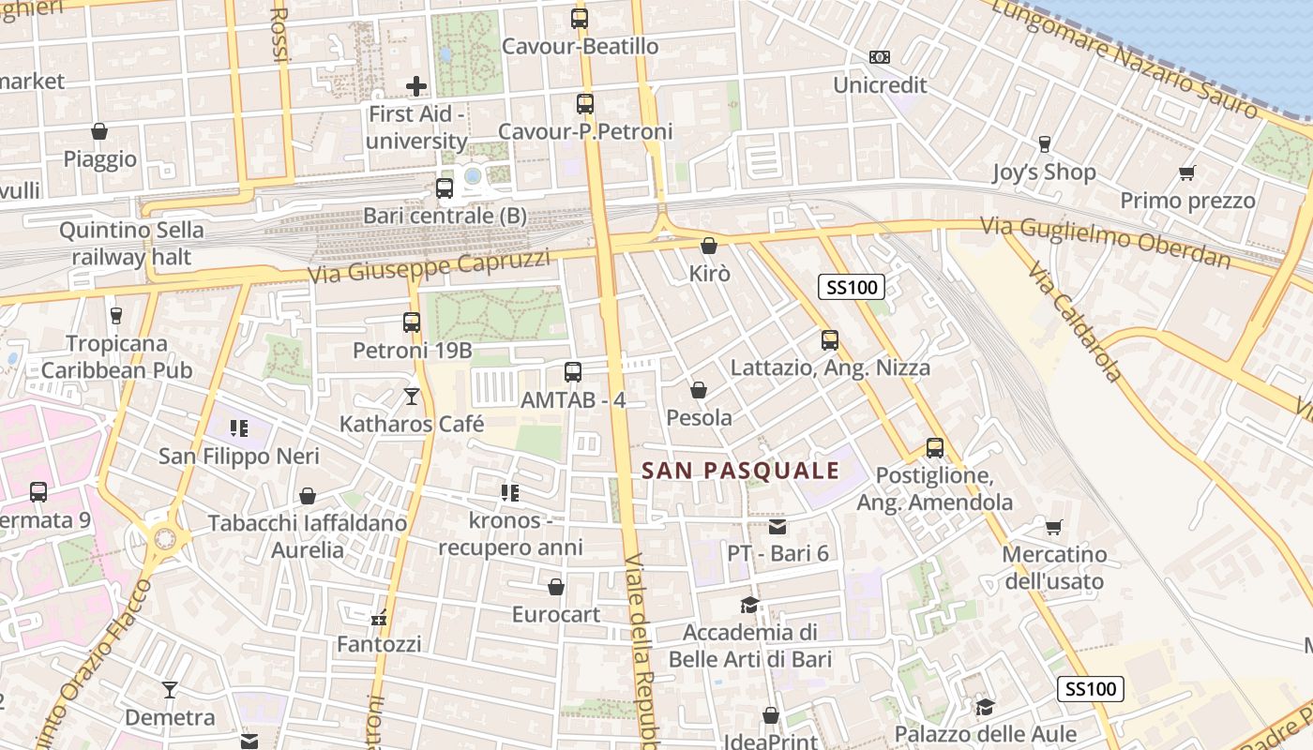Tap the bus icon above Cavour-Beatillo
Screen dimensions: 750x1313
click(580, 18)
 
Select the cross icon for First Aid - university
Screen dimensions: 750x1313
click(416, 86)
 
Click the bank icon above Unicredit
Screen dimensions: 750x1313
click(879, 57)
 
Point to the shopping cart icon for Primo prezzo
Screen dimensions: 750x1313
click(1186, 172)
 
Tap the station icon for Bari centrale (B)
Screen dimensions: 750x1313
click(445, 188)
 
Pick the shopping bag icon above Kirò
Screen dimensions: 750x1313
click(709, 246)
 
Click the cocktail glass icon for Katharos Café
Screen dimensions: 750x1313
click(411, 397)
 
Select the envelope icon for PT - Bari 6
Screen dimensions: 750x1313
click(777, 526)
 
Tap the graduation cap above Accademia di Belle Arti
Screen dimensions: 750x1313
click(748, 605)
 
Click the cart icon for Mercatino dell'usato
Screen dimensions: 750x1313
click(1054, 527)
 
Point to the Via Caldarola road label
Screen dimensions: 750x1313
click(1074, 322)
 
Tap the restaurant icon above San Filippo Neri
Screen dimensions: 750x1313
click(239, 428)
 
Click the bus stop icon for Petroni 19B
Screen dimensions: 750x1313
click(411, 322)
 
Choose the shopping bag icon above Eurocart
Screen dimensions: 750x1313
click(556, 587)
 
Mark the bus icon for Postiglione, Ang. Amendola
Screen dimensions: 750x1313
click(934, 448)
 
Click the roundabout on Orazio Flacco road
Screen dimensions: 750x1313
click(165, 539)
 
